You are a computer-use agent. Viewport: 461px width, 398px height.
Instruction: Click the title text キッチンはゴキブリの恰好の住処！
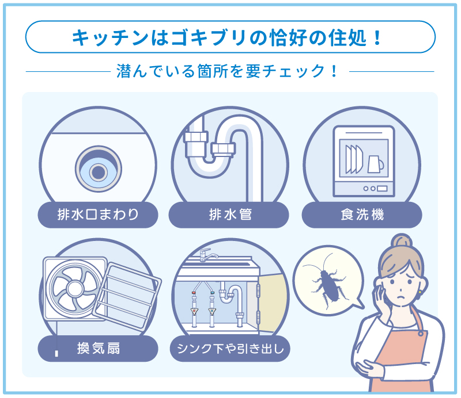[x=230, y=38]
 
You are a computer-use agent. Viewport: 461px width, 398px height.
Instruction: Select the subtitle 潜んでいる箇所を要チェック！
[x=230, y=72]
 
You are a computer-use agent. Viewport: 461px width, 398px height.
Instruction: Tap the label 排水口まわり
[x=98, y=216]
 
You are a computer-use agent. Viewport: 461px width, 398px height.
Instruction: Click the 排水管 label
[x=229, y=216]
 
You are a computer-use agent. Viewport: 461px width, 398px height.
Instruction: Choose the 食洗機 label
[x=362, y=216]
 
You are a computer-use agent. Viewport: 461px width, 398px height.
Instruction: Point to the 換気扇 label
[x=98, y=348]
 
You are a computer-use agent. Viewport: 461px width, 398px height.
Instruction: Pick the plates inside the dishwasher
[x=353, y=159]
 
